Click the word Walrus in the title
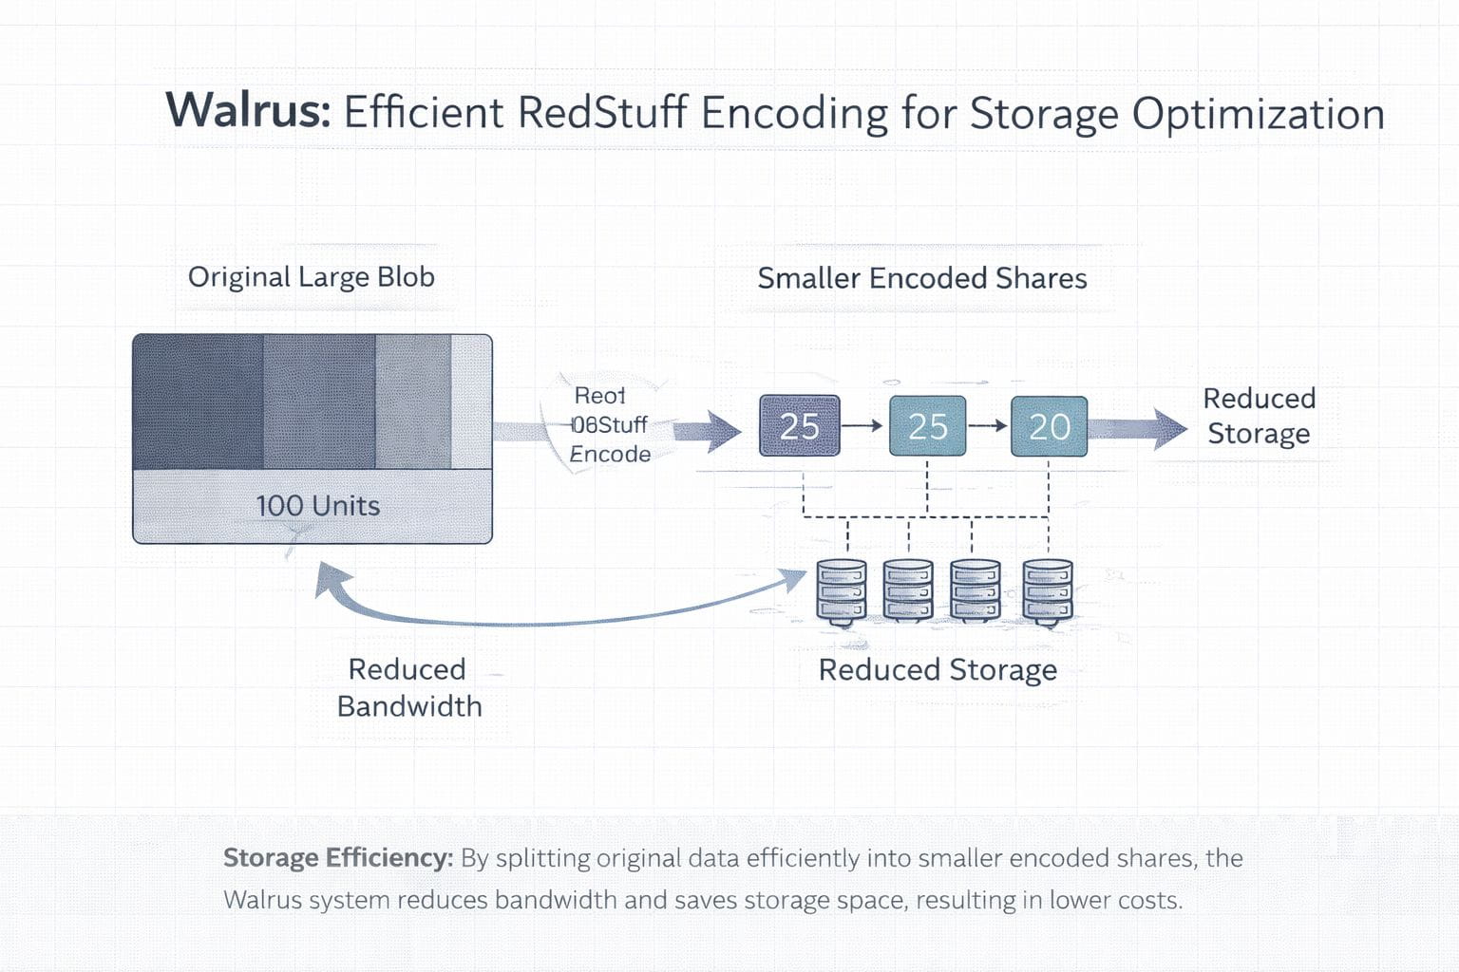[x=247, y=110]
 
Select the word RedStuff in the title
[x=602, y=113]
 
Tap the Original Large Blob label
[x=311, y=277]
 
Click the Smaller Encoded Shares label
[x=921, y=278]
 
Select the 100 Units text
[x=317, y=506]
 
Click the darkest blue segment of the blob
[x=198, y=402]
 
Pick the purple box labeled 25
[x=799, y=426]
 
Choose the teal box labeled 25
[x=927, y=426]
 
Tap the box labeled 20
[x=1049, y=426]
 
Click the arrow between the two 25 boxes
[x=862, y=426]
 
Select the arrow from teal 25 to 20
[x=988, y=426]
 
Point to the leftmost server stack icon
[x=842, y=591]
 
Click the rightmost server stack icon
[x=1047, y=591]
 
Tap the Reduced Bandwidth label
[x=408, y=687]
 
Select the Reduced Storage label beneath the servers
[x=938, y=670]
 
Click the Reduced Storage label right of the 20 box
[x=1259, y=416]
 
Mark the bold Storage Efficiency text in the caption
[x=337, y=858]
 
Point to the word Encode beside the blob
[x=610, y=455]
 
